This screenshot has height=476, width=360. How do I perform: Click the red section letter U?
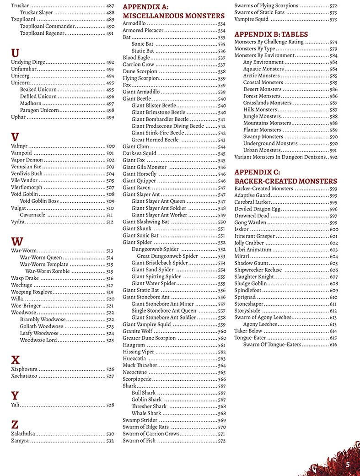click(x=15, y=52)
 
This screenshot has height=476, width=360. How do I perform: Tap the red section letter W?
click(x=16, y=241)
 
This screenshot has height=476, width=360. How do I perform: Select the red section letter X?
click(x=15, y=359)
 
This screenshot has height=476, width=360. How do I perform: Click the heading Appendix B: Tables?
click(x=271, y=34)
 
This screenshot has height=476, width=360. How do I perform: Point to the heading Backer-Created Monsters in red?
click(x=285, y=181)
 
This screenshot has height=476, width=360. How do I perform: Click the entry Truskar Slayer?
click(x=37, y=13)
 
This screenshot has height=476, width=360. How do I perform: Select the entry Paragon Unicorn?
click(x=39, y=110)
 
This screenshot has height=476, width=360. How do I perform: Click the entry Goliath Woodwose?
click(x=41, y=326)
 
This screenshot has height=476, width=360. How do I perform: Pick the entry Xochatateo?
click(x=24, y=376)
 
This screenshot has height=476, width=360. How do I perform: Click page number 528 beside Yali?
click(x=110, y=405)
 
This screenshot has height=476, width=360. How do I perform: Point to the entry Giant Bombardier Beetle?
click(x=160, y=119)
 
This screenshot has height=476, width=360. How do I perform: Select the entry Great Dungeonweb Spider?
click(x=167, y=256)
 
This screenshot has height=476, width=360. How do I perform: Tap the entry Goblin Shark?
click(x=146, y=400)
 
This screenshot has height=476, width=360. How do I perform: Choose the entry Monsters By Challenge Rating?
click(x=269, y=42)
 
